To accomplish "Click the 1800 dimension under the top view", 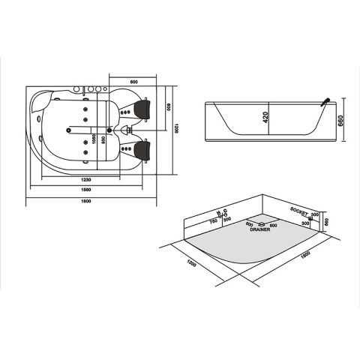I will pos(87,202).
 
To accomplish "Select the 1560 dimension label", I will pos(87,190).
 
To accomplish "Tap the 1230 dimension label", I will pos(87,179).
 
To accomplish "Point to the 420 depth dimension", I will pos(265,118).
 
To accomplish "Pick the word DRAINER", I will pos(260,231).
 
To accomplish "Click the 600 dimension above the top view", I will pos(133,80).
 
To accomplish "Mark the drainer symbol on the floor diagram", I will pos(259,223).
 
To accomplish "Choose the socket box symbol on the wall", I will pos(304,217).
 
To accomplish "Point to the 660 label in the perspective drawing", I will pos(327,220).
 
